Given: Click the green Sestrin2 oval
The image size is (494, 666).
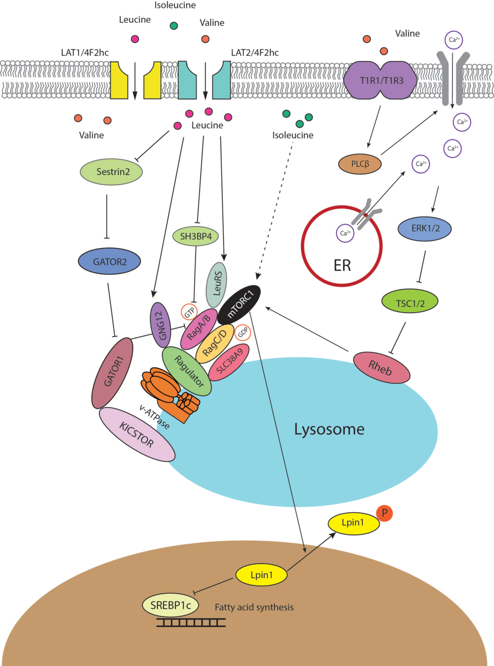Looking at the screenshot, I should click(x=112, y=172).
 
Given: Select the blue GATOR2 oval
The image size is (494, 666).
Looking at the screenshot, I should click(x=110, y=262).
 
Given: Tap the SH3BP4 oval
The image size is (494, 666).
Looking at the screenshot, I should click(x=196, y=236).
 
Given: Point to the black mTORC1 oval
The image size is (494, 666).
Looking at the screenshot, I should click(x=239, y=305).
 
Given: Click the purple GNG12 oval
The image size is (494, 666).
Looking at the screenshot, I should click(x=160, y=325).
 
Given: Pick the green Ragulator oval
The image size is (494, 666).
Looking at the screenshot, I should click(x=187, y=371).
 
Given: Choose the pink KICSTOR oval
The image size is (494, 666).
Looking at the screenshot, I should click(x=137, y=434).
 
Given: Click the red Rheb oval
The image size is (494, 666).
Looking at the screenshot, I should click(x=382, y=368).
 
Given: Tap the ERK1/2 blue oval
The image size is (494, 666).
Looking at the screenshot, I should click(x=425, y=229).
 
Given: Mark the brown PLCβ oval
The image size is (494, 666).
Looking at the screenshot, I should click(x=360, y=164).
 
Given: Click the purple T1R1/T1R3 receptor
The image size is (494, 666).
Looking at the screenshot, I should click(x=381, y=80).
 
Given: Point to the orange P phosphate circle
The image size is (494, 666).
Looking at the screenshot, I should click(x=384, y=513).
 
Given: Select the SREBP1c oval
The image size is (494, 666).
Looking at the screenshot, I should click(x=170, y=605).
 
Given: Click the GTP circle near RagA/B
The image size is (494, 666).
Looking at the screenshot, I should click(x=190, y=312).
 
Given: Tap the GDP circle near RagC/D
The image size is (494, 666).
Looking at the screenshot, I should click(x=243, y=333).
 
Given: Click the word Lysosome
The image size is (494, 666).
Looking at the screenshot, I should click(x=329, y=429).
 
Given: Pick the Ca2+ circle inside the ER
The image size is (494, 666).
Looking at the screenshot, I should click(x=345, y=233).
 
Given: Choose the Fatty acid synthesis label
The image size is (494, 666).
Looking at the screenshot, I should click(x=254, y=607).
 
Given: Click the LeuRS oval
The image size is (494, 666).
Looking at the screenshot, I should click(x=216, y=284).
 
